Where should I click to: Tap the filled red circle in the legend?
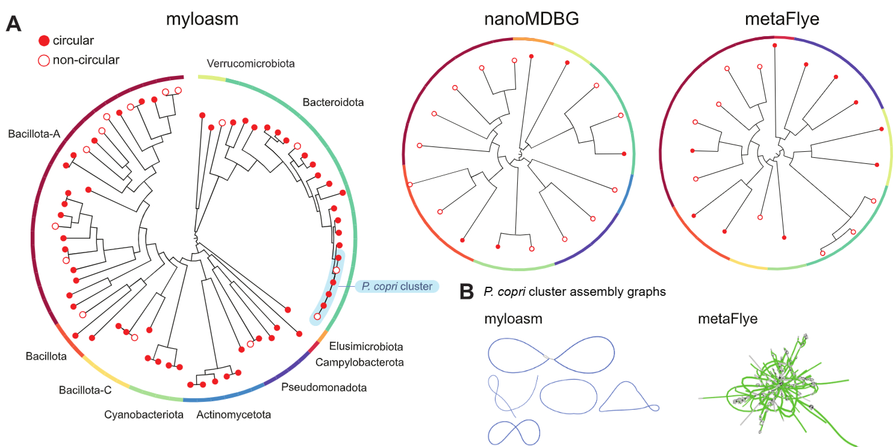point(43,41)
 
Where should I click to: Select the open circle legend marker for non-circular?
point(43,60)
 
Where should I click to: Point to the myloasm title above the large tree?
point(202,19)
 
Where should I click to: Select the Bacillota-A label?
point(34,134)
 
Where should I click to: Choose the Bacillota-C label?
point(85,390)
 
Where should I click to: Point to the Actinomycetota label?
point(233,414)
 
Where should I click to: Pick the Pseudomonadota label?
point(324,387)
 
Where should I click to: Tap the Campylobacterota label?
point(359,362)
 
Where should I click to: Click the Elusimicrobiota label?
point(366,347)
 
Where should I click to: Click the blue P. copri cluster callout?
point(397,287)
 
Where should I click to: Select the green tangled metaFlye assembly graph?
point(777,392)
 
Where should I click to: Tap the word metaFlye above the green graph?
point(727,319)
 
